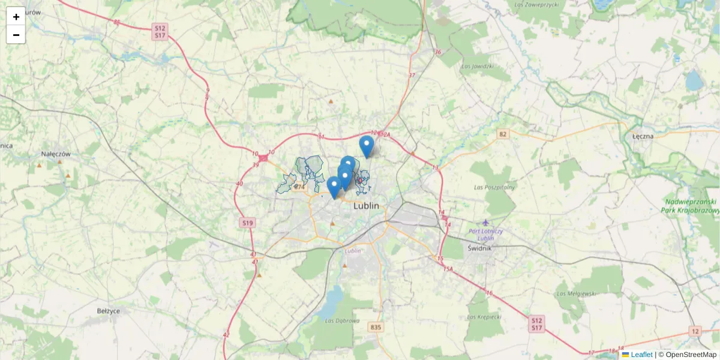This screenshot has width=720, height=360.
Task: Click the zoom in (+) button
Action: (x=16, y=16)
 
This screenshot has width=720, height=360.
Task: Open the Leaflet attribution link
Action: (x=641, y=355)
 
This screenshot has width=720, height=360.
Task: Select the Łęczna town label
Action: (x=643, y=136)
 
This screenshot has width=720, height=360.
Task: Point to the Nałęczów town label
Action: (x=56, y=154)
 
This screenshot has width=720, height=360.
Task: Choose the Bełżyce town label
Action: (x=109, y=311)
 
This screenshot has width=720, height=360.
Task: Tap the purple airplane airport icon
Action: (x=485, y=223)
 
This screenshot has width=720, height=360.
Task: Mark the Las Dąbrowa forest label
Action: (x=342, y=320)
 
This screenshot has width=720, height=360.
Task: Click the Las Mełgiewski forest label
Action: (x=576, y=293)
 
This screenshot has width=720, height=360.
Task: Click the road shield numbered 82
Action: (x=503, y=134)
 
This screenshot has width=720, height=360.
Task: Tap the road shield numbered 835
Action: (x=376, y=327)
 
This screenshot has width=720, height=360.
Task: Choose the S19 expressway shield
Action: (x=248, y=223)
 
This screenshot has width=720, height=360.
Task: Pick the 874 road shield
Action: (x=299, y=187)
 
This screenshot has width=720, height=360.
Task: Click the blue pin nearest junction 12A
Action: (x=367, y=146)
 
